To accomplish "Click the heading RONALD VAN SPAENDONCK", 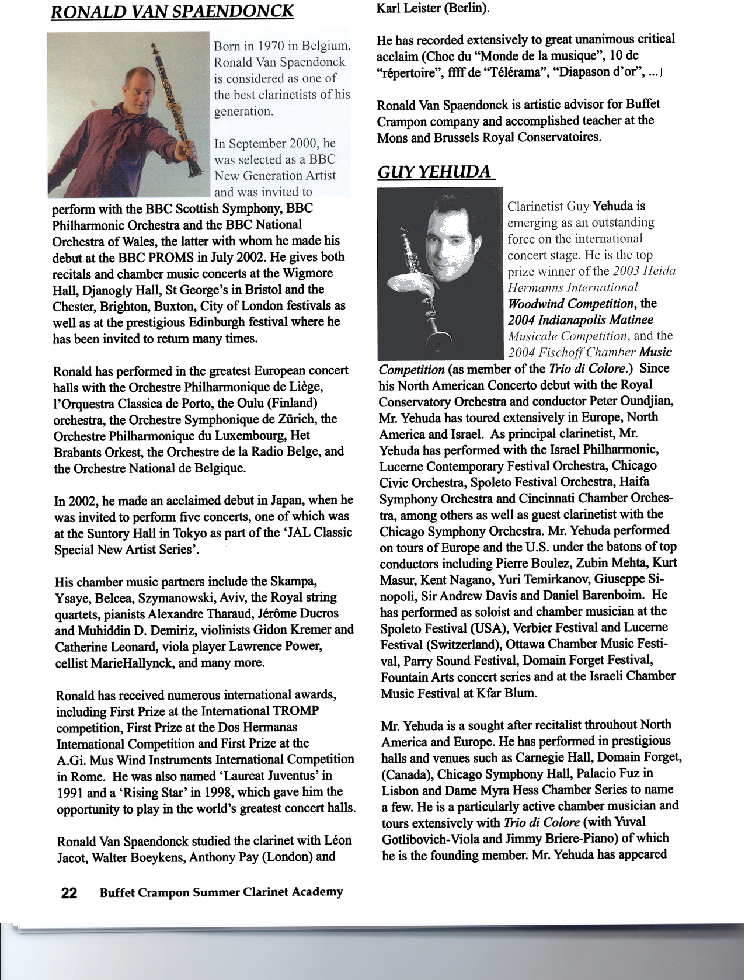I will pos(172,12).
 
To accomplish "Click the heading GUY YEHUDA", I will pos(434,172).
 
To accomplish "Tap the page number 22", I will pos(69,893).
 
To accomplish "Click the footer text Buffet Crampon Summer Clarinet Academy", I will pos(221,892).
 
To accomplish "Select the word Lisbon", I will pos(400,790).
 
